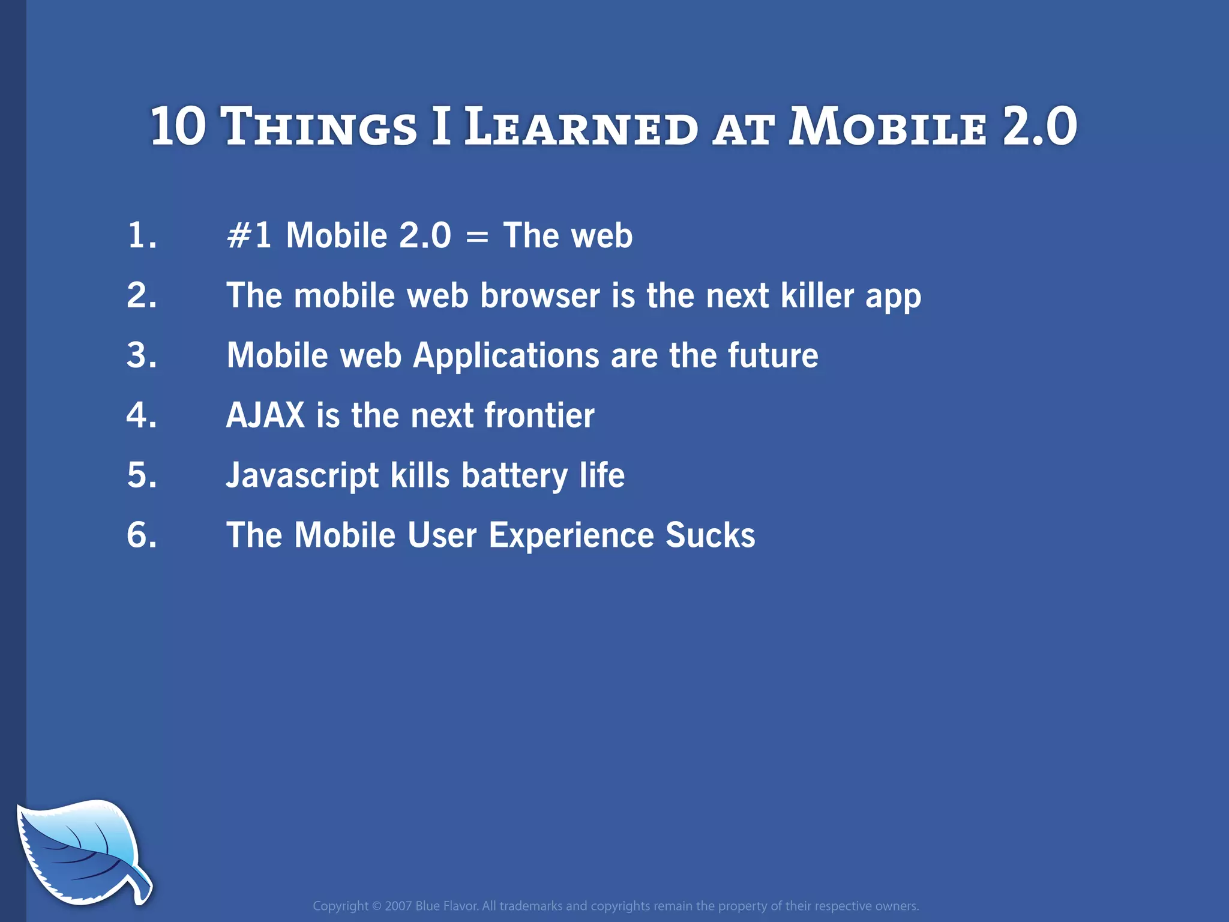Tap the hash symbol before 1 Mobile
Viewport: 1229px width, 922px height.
(x=238, y=235)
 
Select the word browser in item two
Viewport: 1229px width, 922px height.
(x=539, y=295)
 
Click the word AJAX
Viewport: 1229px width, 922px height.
(x=265, y=415)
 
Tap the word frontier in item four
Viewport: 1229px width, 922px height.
(x=539, y=415)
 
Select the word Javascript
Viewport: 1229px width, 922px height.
(x=302, y=476)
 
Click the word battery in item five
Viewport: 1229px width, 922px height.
(x=514, y=476)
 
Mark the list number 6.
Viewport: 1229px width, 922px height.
(x=142, y=535)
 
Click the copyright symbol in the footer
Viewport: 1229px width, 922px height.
(x=376, y=906)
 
